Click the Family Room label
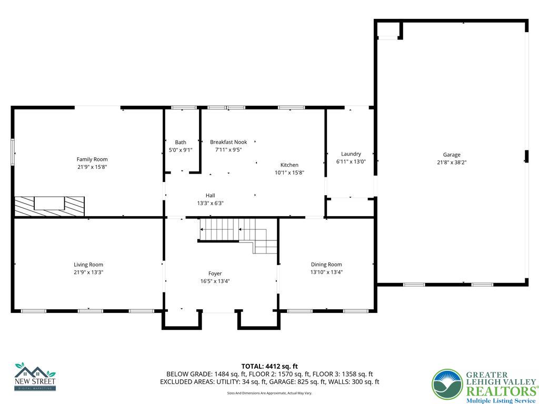[92, 159]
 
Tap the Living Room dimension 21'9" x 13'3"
[88, 272]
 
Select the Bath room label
[181, 142]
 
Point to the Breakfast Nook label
[228, 142]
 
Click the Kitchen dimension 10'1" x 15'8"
[290, 173]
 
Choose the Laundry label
[351, 154]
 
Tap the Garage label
[452, 155]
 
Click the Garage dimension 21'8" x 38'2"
[452, 163]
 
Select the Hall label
[210, 195]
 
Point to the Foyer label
[215, 274]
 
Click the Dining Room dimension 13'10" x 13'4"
[326, 272]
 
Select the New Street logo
[35, 377]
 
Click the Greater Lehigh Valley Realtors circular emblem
[447, 385]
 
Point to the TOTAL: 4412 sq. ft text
[269, 366]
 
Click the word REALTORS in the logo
[501, 391]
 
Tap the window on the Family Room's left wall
[13, 153]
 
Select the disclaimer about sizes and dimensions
[269, 393]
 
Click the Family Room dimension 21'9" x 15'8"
[92, 167]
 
